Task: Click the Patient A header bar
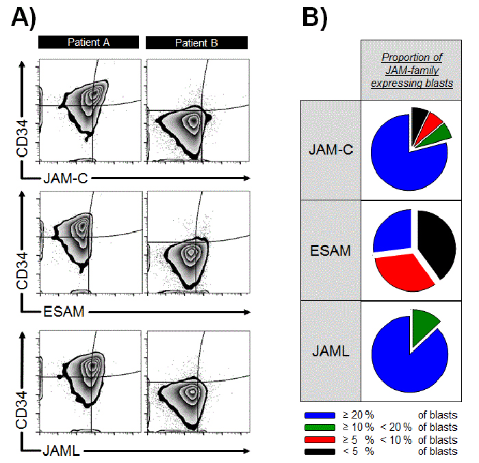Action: pos(88,42)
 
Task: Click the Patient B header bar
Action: pos(196,43)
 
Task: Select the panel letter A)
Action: pos(23,18)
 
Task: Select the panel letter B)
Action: pos(315,18)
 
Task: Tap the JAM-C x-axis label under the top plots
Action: pos(66,178)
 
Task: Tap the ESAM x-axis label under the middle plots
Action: pos(64,312)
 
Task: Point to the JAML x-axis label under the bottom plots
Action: pos(62,451)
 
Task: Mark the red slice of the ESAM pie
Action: pos(403,272)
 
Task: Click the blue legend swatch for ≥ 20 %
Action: pos(320,415)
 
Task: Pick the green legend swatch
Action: pos(320,427)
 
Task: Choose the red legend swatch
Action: pos(320,440)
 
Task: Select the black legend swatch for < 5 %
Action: pos(320,451)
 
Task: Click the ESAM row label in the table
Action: pos(331,251)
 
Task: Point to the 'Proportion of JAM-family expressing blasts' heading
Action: pos(412,70)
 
